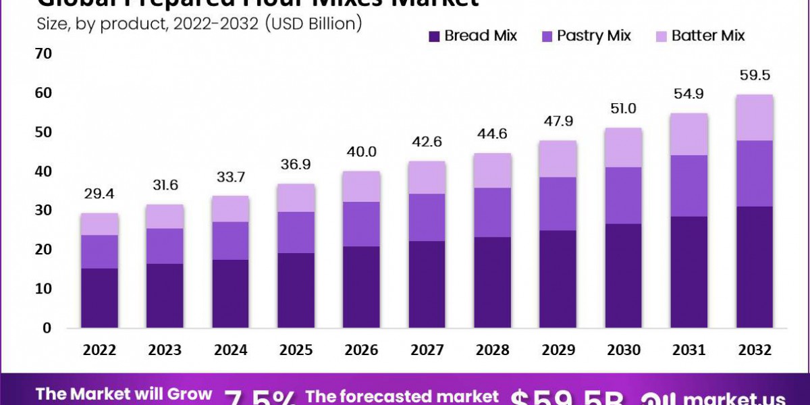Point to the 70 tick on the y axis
tap(43, 53)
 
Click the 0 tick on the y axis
tap(47, 328)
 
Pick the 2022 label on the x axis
tap(100, 350)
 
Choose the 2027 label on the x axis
tap(427, 350)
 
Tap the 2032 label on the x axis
tap(754, 350)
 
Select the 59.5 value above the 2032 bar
tap(755, 76)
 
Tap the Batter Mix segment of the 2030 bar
tap(623, 147)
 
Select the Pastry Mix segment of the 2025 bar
tap(296, 232)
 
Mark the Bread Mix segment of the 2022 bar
tap(100, 298)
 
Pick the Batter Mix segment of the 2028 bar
tap(492, 170)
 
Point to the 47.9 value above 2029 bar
tap(558, 122)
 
